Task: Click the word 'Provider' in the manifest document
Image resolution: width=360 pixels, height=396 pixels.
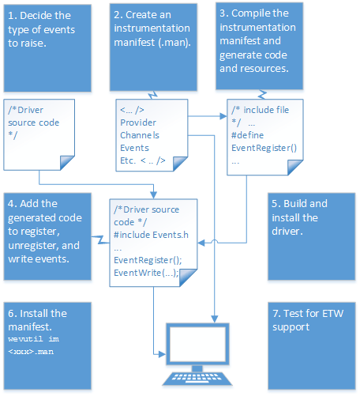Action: click(139, 123)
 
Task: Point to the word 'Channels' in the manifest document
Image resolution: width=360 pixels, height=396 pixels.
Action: click(140, 135)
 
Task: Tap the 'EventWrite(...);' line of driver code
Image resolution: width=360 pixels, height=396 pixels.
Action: click(146, 273)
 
